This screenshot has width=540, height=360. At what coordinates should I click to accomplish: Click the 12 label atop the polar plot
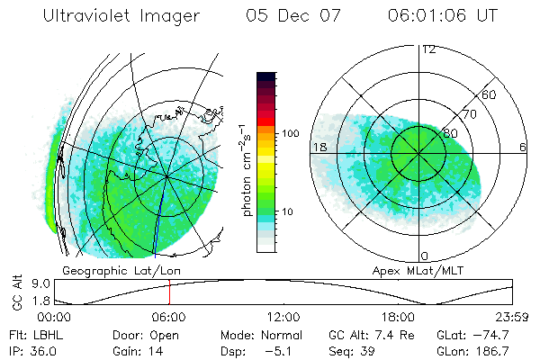coord(428,49)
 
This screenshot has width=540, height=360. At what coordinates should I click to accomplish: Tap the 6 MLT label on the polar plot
coord(522,147)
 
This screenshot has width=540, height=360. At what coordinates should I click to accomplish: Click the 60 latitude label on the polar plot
coord(490,94)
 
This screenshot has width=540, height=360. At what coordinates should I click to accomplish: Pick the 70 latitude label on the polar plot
coord(469,115)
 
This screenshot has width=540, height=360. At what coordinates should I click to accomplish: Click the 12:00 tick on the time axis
coord(283,318)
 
